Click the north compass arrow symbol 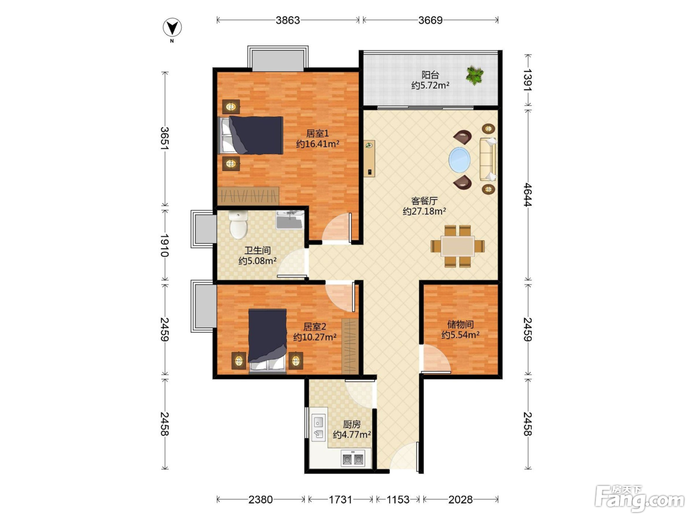tap(172, 27)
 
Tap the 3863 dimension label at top tap(288, 20)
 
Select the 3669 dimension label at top tap(430, 20)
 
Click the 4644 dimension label tap(527, 195)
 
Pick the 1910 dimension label tap(164, 246)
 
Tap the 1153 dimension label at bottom tap(398, 499)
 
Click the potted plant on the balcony tap(475, 75)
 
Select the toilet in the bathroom tap(239, 225)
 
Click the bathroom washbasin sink tap(290, 219)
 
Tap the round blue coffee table tap(459, 160)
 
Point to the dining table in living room tap(457, 246)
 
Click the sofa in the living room tap(488, 159)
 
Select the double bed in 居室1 tap(251, 135)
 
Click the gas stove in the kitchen tap(353, 459)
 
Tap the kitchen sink tap(319, 427)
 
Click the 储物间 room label tap(460, 324)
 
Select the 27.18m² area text tap(424, 211)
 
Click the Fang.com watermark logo tap(640, 498)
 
